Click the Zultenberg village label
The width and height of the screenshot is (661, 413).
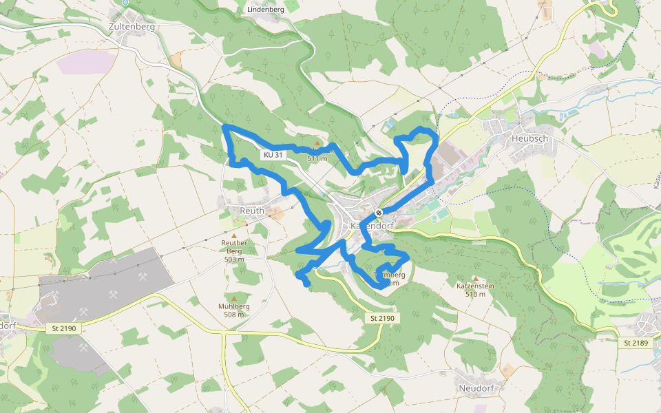pyautogui.click(x=132, y=27)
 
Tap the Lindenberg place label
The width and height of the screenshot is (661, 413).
pyautogui.click(x=265, y=10)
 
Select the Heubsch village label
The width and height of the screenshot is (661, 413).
pyautogui.click(x=529, y=138)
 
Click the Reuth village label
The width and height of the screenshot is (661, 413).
pyautogui.click(x=251, y=210)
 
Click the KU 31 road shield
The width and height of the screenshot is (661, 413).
pyautogui.click(x=273, y=155)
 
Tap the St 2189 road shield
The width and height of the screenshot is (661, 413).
pyautogui.click(x=636, y=342)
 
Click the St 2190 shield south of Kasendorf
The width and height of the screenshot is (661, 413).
pyautogui.click(x=381, y=318)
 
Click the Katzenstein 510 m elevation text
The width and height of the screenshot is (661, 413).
pyautogui.click(x=475, y=294)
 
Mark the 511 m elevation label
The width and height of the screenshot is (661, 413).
pyautogui.click(x=317, y=158)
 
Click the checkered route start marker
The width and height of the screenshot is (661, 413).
pyautogui.click(x=379, y=212)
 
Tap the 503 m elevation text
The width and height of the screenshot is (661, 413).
pyautogui.click(x=234, y=259)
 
